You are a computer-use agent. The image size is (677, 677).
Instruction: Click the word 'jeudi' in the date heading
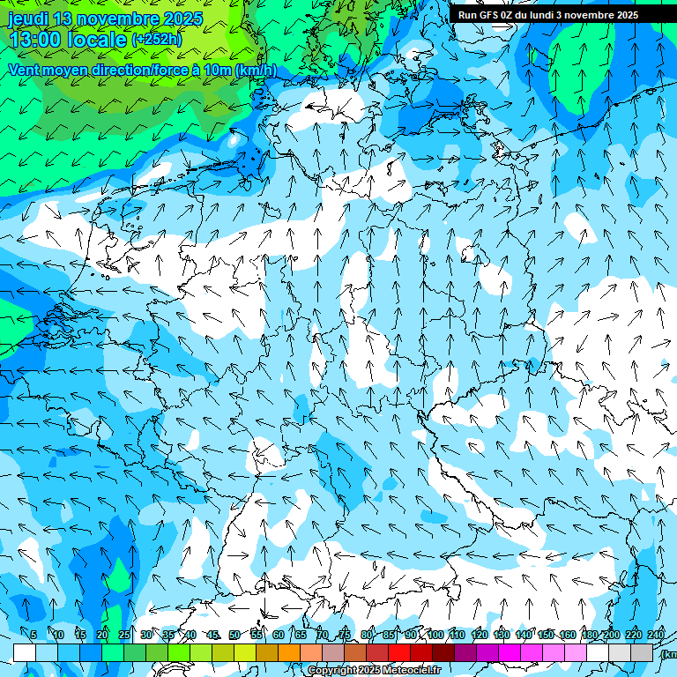tap(28, 19)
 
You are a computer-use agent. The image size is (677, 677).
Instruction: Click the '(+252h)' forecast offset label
tap(157, 40)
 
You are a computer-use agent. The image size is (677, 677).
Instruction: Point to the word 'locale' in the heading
tap(98, 40)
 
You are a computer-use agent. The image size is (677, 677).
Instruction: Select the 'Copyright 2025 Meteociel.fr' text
tap(375, 670)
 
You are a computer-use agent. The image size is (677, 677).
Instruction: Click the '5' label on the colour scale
tap(33, 635)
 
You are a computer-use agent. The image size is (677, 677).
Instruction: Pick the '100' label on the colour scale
tap(435, 635)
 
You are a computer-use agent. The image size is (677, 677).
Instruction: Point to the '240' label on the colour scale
tap(656, 635)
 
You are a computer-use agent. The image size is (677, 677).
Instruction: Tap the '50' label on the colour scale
tap(234, 635)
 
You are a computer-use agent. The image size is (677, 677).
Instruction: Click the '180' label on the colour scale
tap(589, 635)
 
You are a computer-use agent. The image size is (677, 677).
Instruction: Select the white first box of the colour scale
tap(25, 652)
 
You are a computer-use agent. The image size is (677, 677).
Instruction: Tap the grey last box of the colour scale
tap(642, 652)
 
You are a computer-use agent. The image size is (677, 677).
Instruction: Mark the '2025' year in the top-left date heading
tap(182, 19)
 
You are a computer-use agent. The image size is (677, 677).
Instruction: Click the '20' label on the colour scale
tap(102, 635)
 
